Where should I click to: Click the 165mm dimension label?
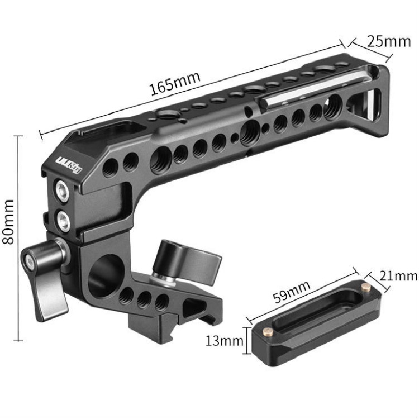tap(175, 83)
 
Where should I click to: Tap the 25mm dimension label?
tap(389, 41)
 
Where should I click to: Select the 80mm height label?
tap(8, 222)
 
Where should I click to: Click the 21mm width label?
tap(398, 276)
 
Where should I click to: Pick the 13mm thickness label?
tap(224, 341)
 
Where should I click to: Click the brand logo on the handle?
tap(69, 164)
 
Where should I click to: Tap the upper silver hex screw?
tap(61, 190)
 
